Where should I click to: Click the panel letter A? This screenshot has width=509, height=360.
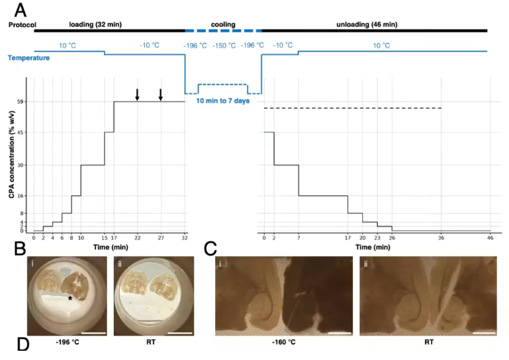pyautogui.click(x=21, y=11)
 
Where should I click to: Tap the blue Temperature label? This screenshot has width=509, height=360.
pyautogui.click(x=28, y=58)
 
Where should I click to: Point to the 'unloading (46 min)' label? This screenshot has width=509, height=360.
pyautogui.click(x=368, y=24)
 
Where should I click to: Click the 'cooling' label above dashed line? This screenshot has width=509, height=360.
pyautogui.click(x=223, y=24)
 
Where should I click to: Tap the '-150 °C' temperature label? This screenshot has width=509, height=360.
pyautogui.click(x=223, y=45)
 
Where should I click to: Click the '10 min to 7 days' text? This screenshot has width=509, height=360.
pyautogui.click(x=222, y=101)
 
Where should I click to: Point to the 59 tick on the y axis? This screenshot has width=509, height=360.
pyautogui.click(x=21, y=101)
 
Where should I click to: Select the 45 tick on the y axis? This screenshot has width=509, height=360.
pyautogui.click(x=21, y=132)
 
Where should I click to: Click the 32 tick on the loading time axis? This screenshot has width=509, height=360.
pyautogui.click(x=184, y=237)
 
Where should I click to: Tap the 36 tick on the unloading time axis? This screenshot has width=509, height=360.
pyautogui.click(x=441, y=237)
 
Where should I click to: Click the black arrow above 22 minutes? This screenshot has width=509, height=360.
pyautogui.click(x=138, y=95)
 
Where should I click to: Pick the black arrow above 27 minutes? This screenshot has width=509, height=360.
pyautogui.click(x=161, y=95)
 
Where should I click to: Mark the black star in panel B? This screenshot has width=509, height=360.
pyautogui.click(x=70, y=298)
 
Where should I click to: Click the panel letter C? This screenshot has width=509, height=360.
pyautogui.click(x=210, y=249)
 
